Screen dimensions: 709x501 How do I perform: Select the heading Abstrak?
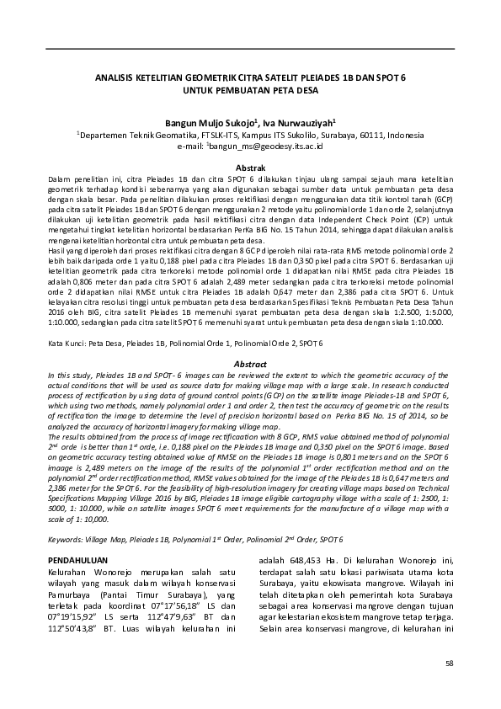click(x=250, y=168)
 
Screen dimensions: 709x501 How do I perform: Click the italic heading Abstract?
click(x=250, y=363)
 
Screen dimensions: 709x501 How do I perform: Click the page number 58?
click(x=449, y=664)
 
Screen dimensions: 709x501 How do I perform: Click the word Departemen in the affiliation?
click(x=105, y=134)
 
